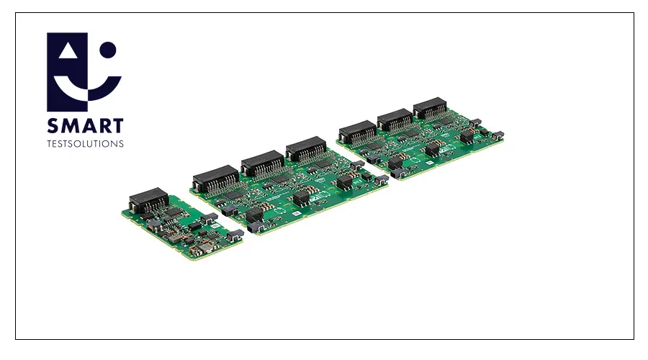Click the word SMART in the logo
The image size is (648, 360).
[85, 127]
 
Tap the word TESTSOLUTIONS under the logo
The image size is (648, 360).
[85, 143]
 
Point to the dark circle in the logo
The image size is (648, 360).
[108, 50]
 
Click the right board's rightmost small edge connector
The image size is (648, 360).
[497, 135]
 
